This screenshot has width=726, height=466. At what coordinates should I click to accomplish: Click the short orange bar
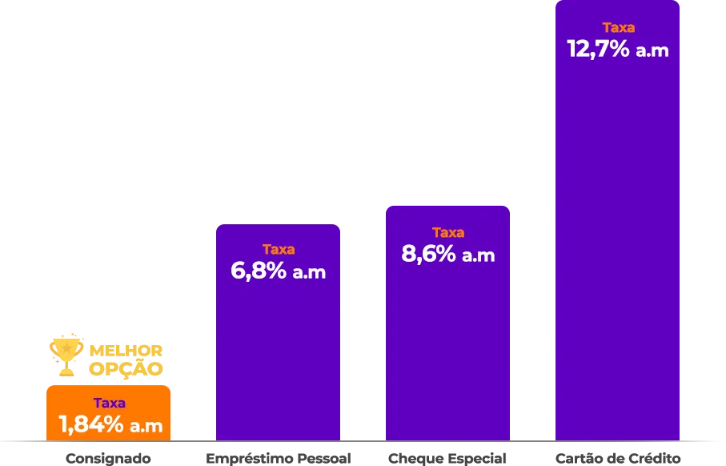109,412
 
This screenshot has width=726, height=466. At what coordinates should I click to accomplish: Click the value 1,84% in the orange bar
90,424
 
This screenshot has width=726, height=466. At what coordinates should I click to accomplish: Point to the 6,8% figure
258,271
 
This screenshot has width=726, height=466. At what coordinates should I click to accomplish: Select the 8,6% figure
427,255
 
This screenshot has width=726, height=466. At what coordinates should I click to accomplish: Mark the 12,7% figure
597,49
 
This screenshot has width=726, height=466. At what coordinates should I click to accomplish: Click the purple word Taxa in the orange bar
109,403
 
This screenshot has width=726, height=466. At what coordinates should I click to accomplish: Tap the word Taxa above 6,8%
279,249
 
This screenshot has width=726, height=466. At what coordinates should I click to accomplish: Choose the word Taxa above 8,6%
448,232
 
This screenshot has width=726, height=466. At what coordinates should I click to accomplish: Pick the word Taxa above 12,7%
618,27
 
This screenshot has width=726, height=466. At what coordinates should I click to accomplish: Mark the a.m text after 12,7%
651,50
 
